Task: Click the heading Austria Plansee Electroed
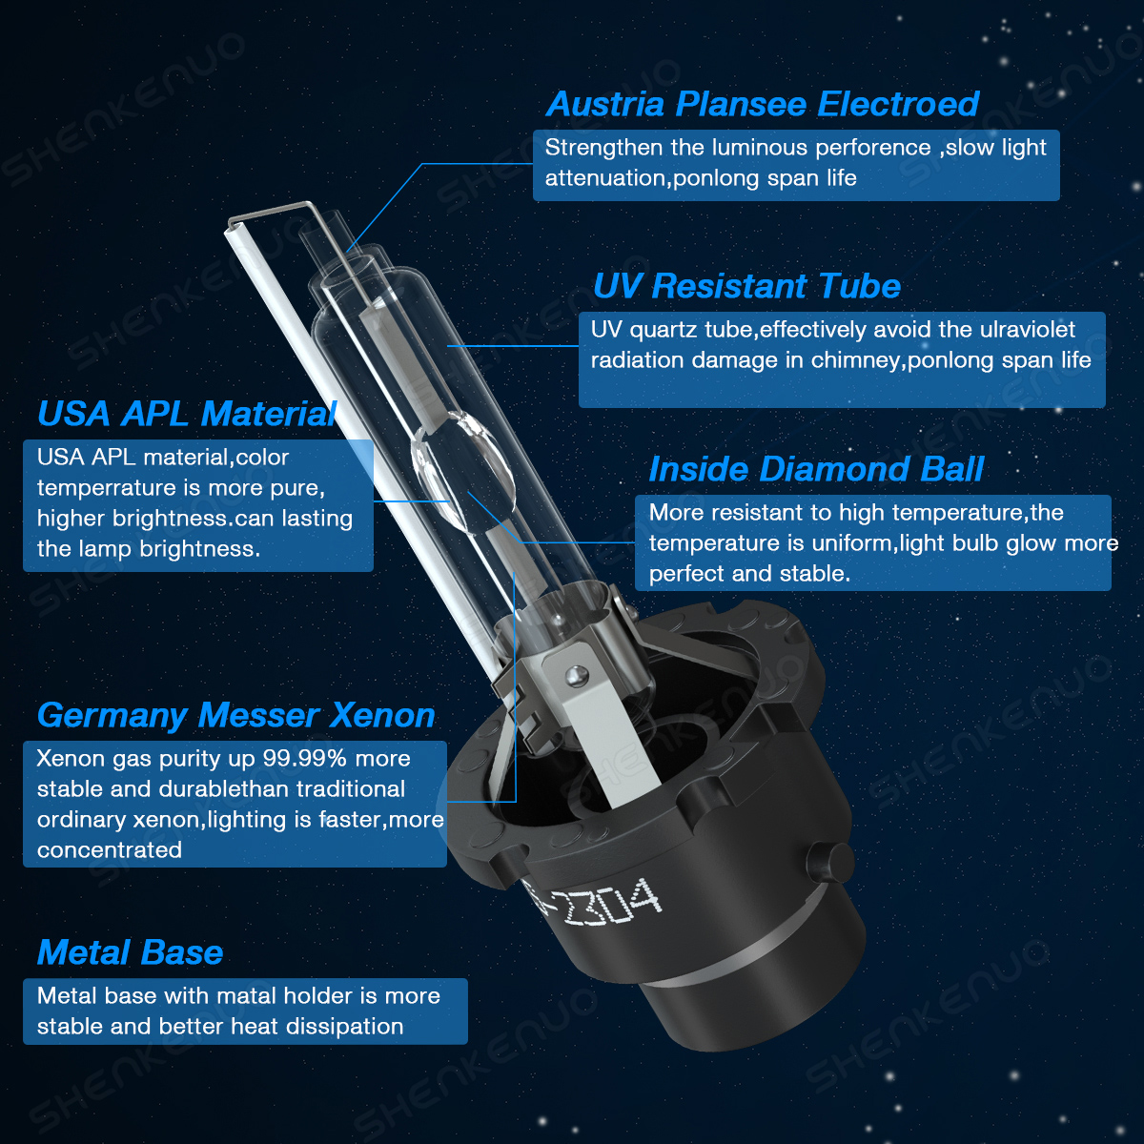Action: (763, 105)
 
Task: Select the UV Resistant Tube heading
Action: (746, 287)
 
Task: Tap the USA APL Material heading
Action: (187, 414)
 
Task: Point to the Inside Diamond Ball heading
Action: (816, 470)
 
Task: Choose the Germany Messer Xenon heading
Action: (236, 716)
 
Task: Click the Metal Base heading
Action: (130, 952)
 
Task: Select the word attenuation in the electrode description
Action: (605, 178)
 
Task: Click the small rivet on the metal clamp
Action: (577, 675)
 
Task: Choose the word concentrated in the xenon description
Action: (110, 850)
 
